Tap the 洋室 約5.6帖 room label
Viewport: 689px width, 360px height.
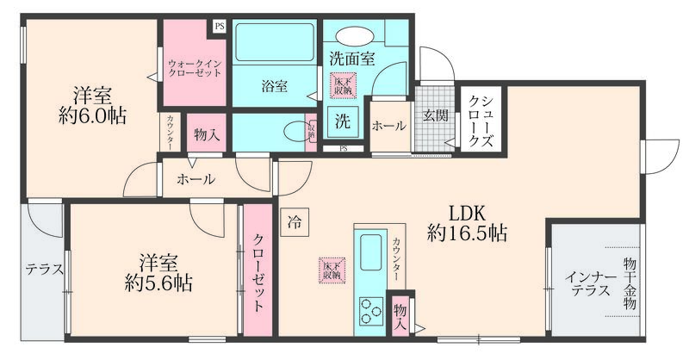[x=158, y=270]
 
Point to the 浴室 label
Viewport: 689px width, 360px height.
[x=275, y=85]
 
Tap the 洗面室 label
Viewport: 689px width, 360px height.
[x=351, y=59]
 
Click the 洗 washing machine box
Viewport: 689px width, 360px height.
[x=342, y=122]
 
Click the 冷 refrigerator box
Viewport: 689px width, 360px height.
[x=295, y=220]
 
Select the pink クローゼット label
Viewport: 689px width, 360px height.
[x=258, y=271]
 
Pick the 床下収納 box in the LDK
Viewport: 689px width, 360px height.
[x=331, y=269]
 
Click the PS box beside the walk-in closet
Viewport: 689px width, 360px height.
[x=219, y=26]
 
